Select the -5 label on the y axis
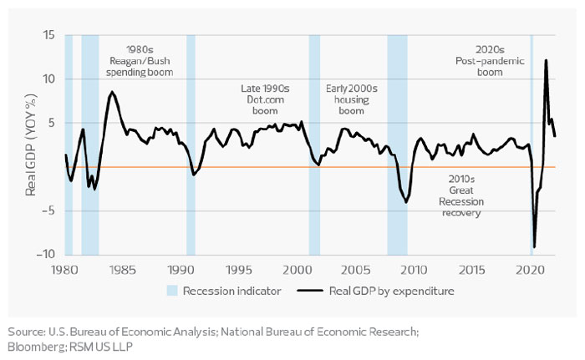(x=48, y=210)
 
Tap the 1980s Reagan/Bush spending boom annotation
(x=141, y=61)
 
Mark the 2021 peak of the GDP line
(x=546, y=60)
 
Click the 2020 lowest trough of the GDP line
(x=535, y=247)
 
